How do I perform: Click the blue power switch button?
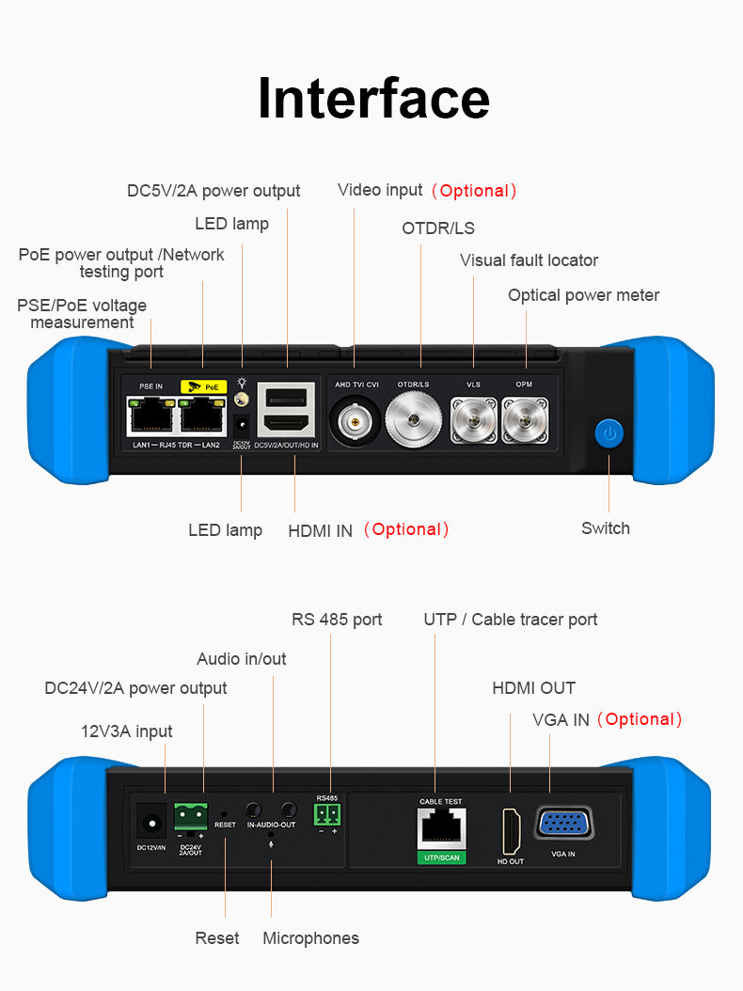tap(609, 434)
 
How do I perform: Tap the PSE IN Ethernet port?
tap(150, 414)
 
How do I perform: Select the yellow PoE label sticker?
tap(203, 385)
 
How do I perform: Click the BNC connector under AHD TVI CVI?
tap(355, 422)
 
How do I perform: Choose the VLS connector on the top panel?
tap(472, 420)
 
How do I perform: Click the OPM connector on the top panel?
tap(524, 420)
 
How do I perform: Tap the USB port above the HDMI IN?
tap(287, 395)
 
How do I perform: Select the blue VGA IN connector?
tap(564, 824)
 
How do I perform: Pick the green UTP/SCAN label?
tap(440, 858)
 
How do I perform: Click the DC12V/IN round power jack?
tap(150, 823)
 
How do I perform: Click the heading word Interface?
tap(373, 98)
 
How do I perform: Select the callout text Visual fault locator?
tap(529, 260)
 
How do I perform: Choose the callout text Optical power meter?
tap(583, 295)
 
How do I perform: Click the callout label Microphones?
tap(310, 938)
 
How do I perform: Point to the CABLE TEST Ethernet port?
tap(440, 827)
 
